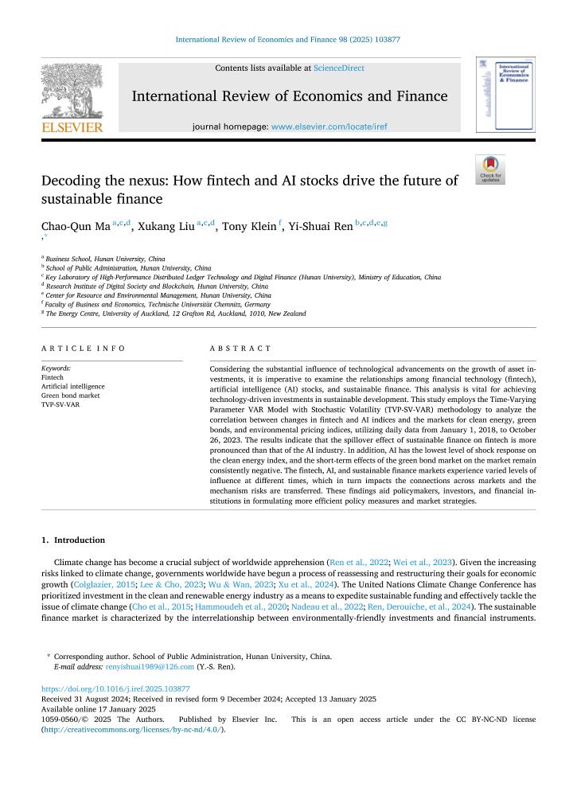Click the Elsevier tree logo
(x=71, y=91)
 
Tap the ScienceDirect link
(x=339, y=68)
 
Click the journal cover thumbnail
(x=505, y=94)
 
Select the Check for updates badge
(x=490, y=170)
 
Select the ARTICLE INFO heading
(x=83, y=349)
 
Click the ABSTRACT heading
(x=240, y=349)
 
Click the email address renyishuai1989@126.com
(x=150, y=667)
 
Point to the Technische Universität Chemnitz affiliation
(x=158, y=304)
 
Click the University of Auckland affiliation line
(x=175, y=314)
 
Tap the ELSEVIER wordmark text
(x=72, y=127)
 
